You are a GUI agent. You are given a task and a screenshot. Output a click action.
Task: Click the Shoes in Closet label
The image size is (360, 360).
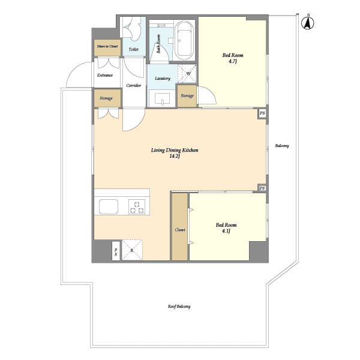pyautogui.click(x=107, y=47)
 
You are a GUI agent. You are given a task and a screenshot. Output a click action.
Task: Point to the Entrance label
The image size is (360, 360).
pyautogui.click(x=106, y=76)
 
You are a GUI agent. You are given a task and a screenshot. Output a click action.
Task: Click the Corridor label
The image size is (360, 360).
pyautogui.click(x=134, y=85)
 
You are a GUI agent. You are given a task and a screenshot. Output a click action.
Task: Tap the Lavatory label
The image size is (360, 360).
pyautogui.click(x=162, y=79)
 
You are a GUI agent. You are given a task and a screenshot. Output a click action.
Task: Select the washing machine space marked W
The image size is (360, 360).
pyautogui.click(x=188, y=74)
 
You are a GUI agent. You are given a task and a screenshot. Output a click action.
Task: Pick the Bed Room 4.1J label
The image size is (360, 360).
pyautogui.click(x=223, y=228)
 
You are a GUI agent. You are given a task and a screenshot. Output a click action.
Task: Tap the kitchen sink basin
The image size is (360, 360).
pyautogui.click(x=109, y=207)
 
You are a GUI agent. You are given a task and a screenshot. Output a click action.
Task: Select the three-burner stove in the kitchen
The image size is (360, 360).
pyautogui.click(x=137, y=207)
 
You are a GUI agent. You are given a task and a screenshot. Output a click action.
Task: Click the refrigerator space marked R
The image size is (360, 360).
pyautogui.click(x=132, y=250)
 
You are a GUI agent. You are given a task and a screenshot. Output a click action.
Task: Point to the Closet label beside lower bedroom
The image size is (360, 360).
pyautogui.click(x=180, y=230)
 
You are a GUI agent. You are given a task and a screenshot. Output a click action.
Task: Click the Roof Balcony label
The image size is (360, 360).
pyautogui.click(x=179, y=307)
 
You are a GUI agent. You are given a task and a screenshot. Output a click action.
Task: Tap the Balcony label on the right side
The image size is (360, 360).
pyautogui.click(x=282, y=146)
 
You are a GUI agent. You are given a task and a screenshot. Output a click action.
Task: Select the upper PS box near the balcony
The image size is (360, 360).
pyautogui.click(x=262, y=113)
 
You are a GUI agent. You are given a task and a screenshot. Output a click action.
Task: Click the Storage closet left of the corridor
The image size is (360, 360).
pyautogui.click(x=107, y=98)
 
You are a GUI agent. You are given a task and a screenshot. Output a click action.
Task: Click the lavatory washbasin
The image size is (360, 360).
pyautogui.click(x=162, y=98)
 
